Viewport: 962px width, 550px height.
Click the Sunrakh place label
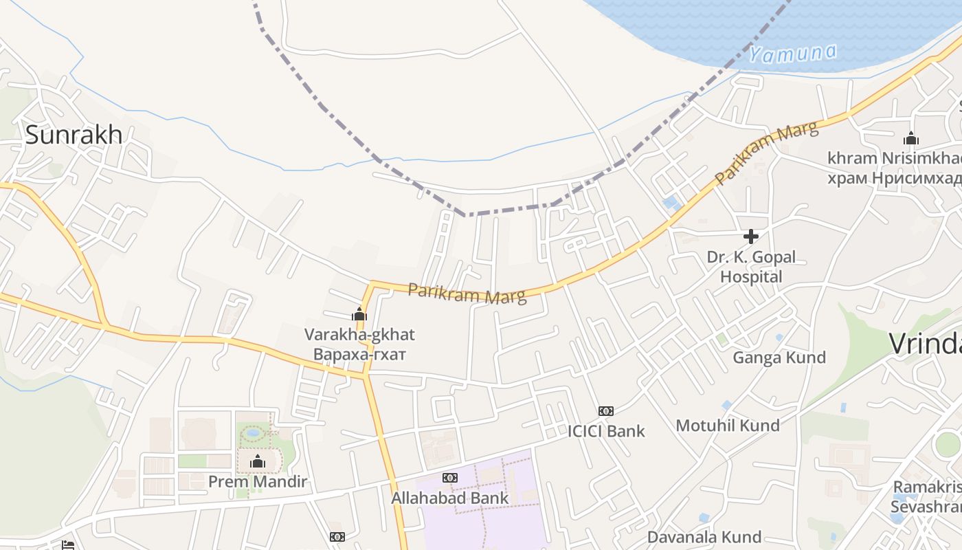point(74,135)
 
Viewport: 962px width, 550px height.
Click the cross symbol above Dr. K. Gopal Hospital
point(750,236)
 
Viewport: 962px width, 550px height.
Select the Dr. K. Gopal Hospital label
point(751,267)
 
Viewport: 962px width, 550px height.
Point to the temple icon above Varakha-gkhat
point(359,315)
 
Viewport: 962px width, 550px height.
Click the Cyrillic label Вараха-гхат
point(359,355)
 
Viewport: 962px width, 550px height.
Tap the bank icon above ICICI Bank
point(605,410)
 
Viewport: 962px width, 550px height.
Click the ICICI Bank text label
point(605,431)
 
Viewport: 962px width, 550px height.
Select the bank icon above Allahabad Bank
point(450,477)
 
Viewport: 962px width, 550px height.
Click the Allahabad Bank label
point(450,498)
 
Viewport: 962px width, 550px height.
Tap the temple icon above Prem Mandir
point(258,461)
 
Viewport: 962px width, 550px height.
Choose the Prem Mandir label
point(258,481)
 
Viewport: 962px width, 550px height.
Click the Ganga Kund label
point(779,357)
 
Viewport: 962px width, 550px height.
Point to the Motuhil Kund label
point(728,425)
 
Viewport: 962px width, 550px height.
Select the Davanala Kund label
point(704,536)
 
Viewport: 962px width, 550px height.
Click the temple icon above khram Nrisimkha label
point(911,139)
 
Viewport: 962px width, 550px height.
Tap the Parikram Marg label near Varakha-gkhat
point(467,293)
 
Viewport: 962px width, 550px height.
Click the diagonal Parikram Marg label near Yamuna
point(766,153)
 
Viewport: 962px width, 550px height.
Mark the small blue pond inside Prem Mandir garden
point(253,433)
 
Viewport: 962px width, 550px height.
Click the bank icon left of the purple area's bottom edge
point(337,536)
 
